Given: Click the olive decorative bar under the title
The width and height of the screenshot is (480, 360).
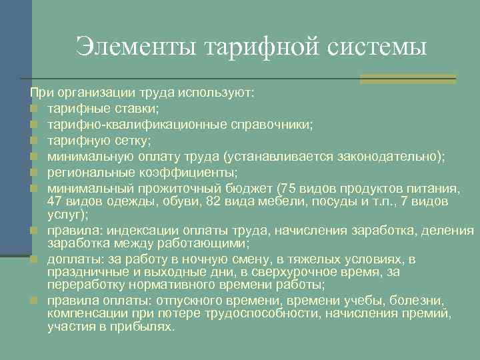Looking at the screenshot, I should tap(407, 79).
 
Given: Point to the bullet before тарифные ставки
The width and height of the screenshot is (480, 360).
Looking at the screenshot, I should tap(33, 109).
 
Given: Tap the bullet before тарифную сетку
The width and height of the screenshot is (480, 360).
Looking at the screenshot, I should tap(33, 140).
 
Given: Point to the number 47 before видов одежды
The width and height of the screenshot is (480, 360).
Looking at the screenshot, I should tap(55, 201).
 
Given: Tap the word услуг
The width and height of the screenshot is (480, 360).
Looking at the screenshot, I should tap(63, 215).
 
